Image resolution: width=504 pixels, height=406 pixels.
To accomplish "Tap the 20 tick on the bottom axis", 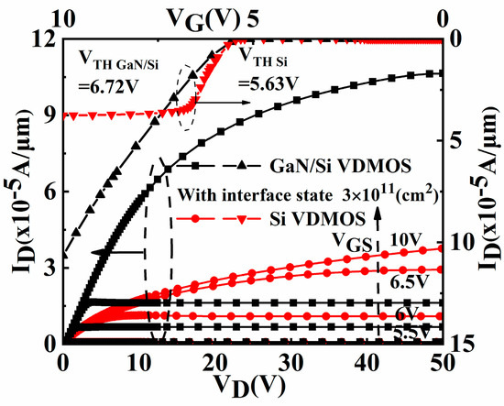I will pos(214,361).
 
